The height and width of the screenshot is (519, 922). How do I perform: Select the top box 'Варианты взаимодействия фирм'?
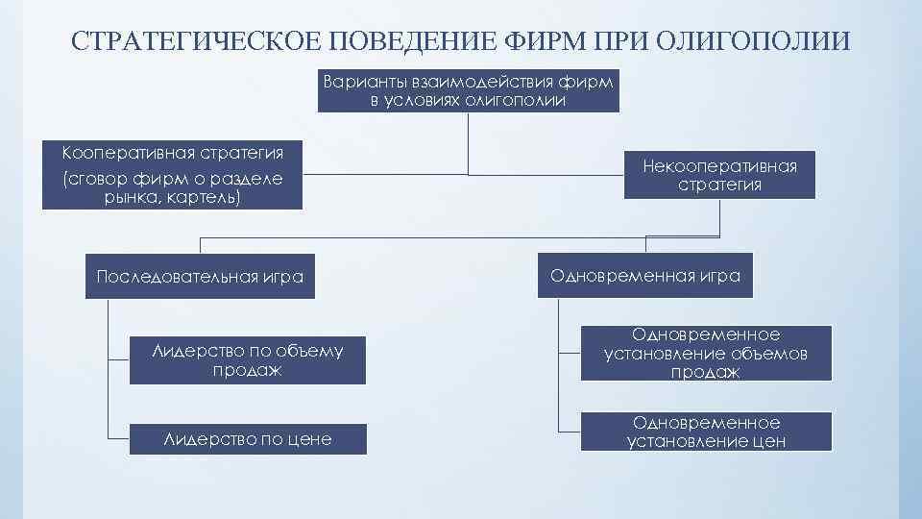pos(469,90)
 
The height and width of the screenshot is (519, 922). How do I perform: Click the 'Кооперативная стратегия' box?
pos(173,175)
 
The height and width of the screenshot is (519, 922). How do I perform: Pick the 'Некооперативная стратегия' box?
pos(719,175)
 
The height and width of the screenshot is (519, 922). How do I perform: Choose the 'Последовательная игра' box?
pos(200,277)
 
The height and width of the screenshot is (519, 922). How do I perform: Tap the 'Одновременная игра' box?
pos(644,276)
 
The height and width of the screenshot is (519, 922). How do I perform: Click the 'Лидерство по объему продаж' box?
pos(248,360)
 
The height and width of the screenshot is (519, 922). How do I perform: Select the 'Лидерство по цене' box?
pos(248,439)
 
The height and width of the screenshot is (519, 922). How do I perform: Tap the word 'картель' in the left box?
pos(204,198)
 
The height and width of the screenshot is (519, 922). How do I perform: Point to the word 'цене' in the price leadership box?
pos(309,439)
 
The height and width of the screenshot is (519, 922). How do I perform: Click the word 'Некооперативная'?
pos(719,166)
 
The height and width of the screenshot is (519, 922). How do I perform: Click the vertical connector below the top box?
pos(469,144)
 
